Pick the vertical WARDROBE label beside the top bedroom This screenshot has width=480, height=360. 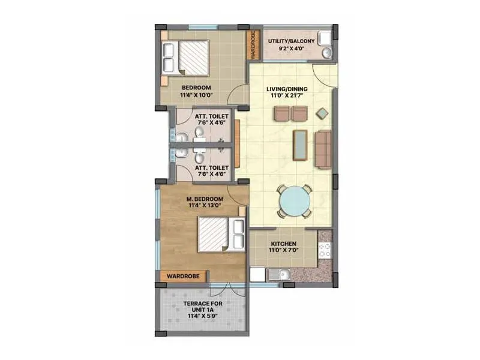pos(253,46)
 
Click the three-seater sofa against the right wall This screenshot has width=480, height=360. pos(323,149)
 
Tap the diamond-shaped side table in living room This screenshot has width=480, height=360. pos(322,112)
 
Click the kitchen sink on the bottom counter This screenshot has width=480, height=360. pos(280,275)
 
